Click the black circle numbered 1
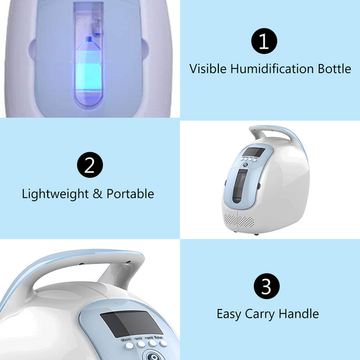point(264,41)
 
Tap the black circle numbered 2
point(90,165)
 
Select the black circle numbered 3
point(267,286)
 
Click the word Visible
point(208,69)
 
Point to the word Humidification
point(272,69)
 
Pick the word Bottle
point(334,69)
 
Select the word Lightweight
point(55,194)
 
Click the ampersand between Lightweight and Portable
point(98,194)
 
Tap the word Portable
point(130,194)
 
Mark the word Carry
point(260,314)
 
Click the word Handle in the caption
point(298,314)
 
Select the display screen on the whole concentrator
point(254,152)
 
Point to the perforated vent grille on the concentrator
point(239,221)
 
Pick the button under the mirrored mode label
point(129,345)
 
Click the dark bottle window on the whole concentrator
point(240,186)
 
